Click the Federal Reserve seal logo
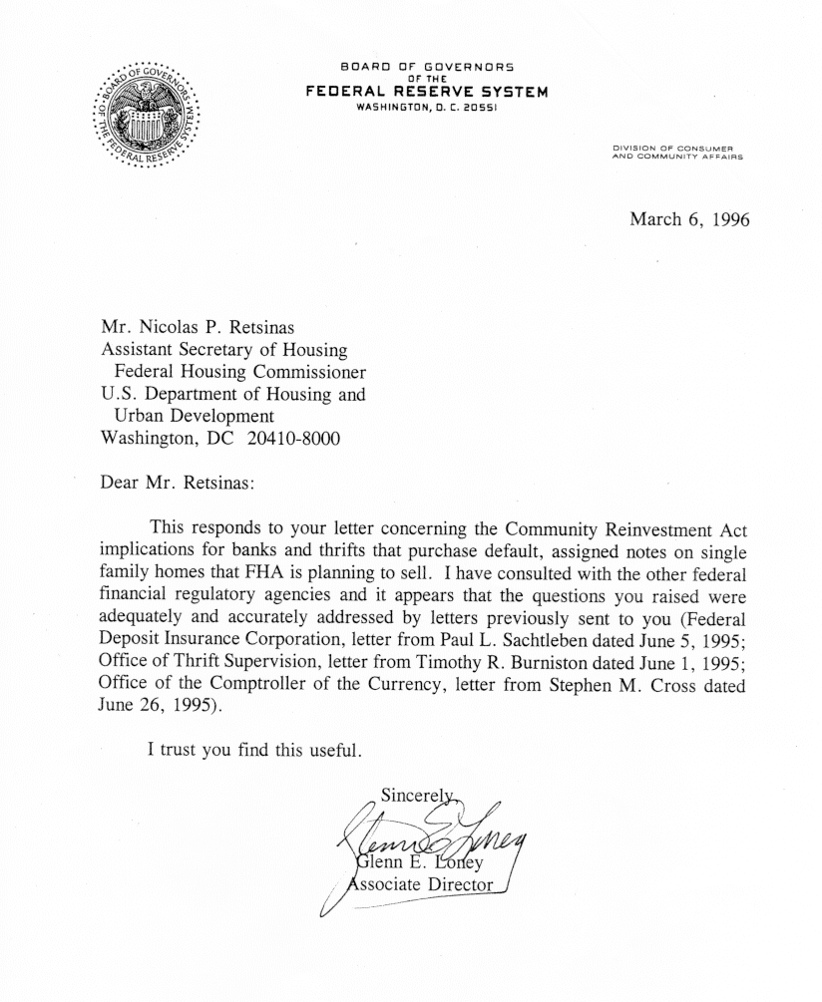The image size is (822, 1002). tap(147, 116)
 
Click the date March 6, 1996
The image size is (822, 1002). tap(688, 218)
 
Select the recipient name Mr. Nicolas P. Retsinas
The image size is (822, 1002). tap(207, 327)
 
